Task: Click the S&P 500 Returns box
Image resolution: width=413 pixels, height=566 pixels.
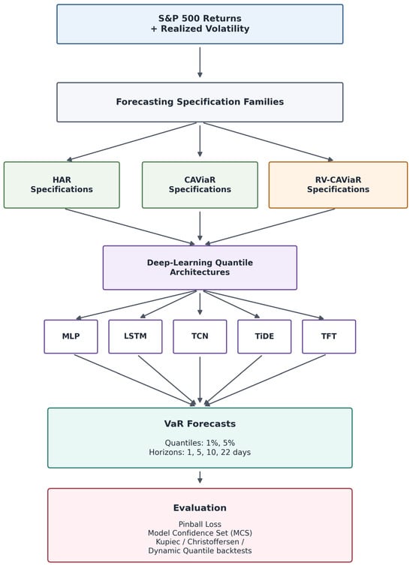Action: point(200,24)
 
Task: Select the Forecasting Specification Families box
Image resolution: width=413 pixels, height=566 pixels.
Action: point(200,102)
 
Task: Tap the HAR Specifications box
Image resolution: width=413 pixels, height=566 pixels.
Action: point(62,185)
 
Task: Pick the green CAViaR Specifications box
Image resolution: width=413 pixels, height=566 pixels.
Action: point(200,185)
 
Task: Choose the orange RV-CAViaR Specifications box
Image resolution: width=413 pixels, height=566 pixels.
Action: point(338,185)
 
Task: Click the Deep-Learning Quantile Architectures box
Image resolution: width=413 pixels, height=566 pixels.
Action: point(200,267)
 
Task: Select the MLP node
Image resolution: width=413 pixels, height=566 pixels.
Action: point(71,336)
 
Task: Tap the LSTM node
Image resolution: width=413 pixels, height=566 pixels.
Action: point(135,336)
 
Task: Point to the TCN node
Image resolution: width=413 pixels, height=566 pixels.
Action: point(200,336)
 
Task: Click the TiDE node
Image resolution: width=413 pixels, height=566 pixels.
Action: point(264,336)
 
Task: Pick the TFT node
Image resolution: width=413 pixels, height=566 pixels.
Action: point(329,336)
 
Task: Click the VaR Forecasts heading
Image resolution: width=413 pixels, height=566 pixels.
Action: point(200,424)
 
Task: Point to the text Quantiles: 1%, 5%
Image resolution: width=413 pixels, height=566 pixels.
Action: point(200,443)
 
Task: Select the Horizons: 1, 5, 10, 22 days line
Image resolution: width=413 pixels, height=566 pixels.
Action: point(200,453)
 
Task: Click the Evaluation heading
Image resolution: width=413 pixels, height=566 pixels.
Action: point(200,508)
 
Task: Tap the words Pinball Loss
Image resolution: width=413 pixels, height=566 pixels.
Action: point(200,524)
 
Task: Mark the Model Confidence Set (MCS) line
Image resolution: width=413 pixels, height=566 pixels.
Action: point(200,533)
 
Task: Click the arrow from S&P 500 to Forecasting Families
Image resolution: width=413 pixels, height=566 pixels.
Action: point(200,62)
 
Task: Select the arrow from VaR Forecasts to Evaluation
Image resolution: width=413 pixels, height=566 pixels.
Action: point(200,477)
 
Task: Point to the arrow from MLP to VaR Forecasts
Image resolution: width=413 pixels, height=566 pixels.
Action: point(135,380)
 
